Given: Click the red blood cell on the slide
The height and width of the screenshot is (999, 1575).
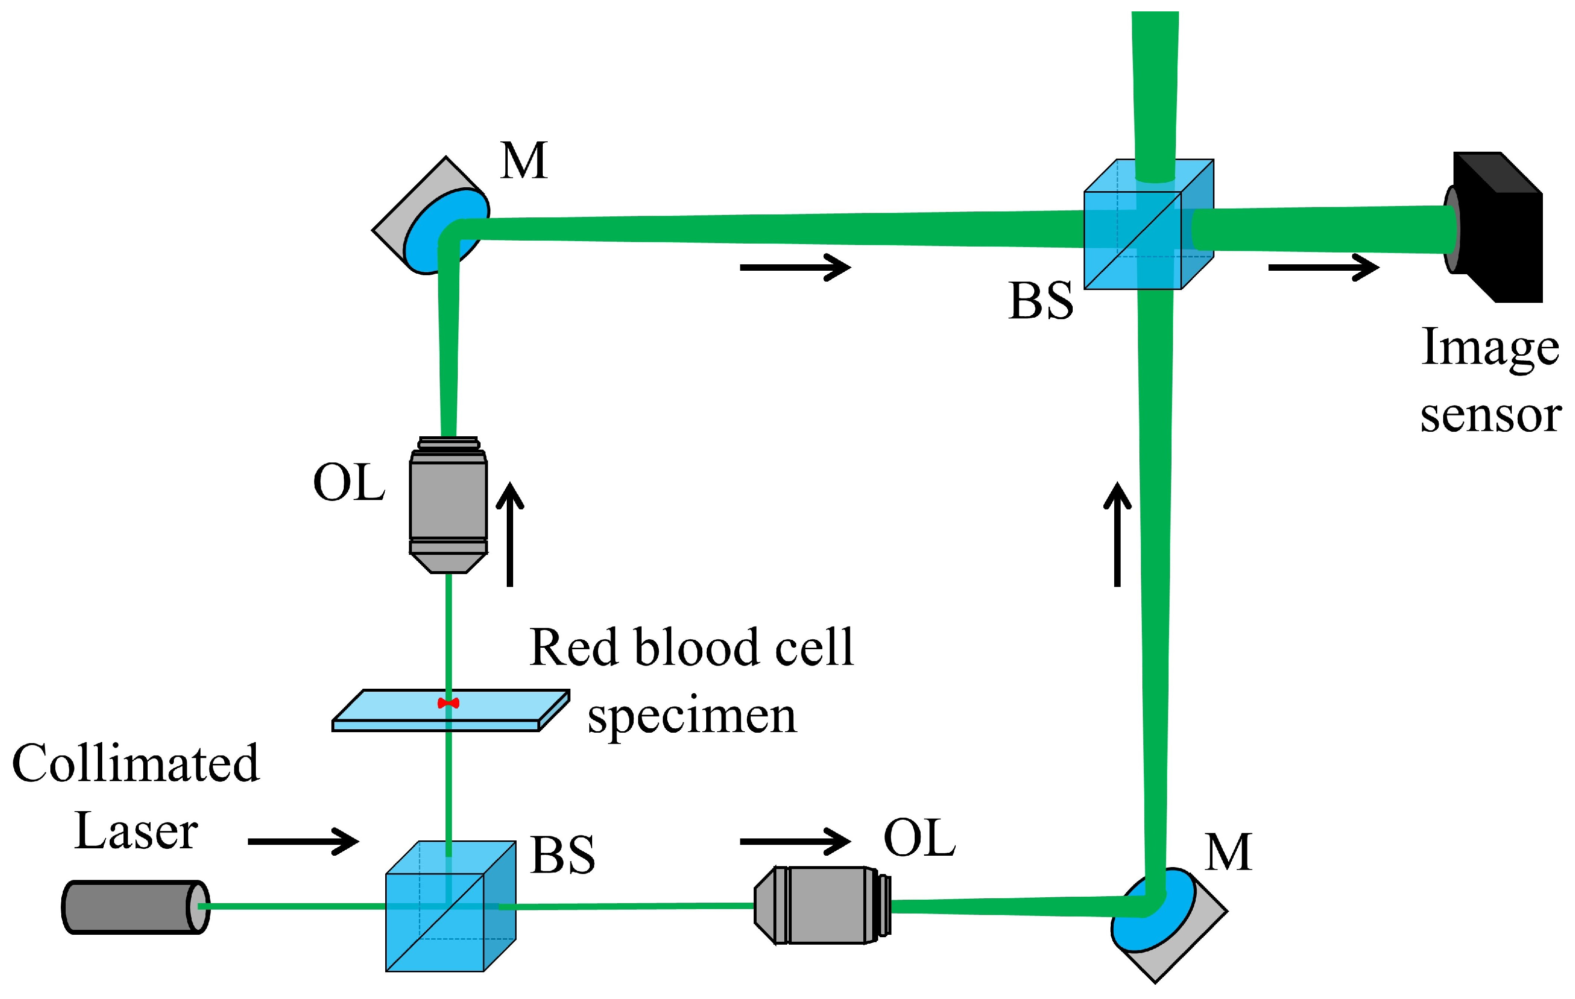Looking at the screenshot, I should pyautogui.click(x=448, y=703).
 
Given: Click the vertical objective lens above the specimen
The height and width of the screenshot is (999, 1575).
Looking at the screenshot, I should pyautogui.click(x=448, y=504).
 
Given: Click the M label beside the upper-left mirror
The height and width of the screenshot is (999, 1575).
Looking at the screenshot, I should pyautogui.click(x=523, y=161).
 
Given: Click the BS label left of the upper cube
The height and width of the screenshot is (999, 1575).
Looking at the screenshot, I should pyautogui.click(x=1041, y=301).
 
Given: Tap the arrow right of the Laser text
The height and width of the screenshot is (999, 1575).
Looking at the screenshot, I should pyautogui.click(x=303, y=841).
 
